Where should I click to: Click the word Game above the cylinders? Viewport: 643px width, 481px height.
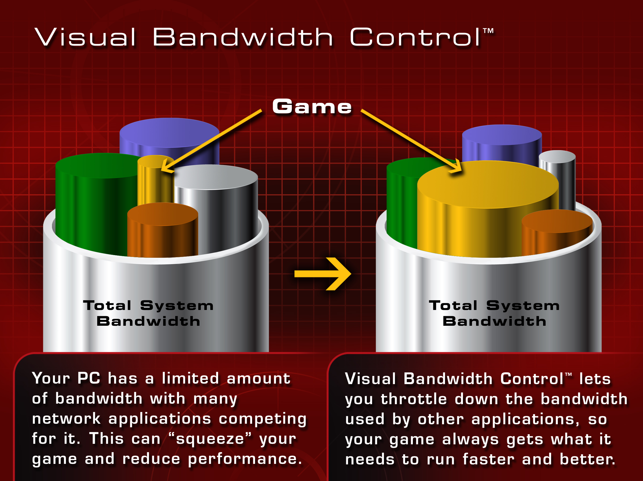[312, 107]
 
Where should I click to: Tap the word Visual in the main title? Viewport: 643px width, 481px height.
[85, 37]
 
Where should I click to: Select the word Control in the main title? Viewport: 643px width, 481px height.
[415, 37]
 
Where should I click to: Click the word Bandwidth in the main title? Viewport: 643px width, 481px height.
[243, 37]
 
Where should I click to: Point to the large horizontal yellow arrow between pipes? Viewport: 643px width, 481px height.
[323, 274]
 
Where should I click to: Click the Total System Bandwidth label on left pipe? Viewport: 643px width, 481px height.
[148, 313]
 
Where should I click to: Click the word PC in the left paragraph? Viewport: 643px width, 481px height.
[89, 378]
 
